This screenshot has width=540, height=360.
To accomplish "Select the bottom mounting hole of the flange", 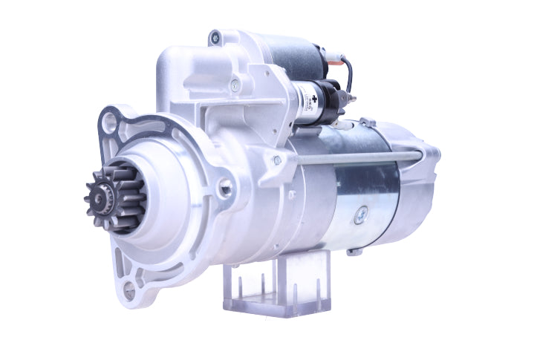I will (x=129, y=292).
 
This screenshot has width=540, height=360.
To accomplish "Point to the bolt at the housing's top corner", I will (x=216, y=36).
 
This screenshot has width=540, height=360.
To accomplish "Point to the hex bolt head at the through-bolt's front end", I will (x=276, y=160).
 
